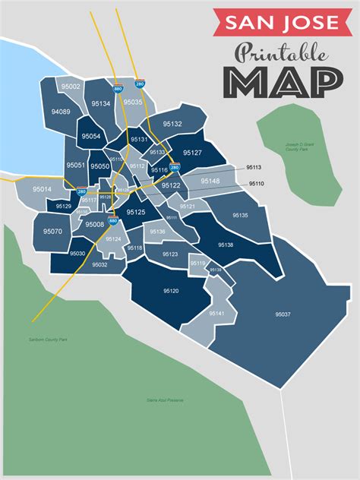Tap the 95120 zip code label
pos(171,291)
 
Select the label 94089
pos(61,112)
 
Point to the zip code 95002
pos(71,87)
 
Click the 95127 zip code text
pos(192,153)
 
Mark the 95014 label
pos(43,189)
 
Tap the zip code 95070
pos(52,231)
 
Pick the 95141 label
pos(216,313)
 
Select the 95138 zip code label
pos(226,245)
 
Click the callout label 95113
pos(254,167)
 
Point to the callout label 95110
pos(256,184)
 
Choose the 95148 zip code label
pos(210,181)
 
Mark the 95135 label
pos(239,216)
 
